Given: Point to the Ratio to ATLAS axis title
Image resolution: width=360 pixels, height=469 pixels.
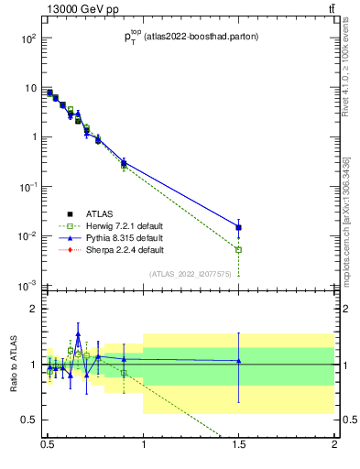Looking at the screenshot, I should pyautogui.click(x=12, y=364).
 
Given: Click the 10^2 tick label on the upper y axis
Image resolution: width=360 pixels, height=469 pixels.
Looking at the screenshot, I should pyautogui.click(x=28, y=38).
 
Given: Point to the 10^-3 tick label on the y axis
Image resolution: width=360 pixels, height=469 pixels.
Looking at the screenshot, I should pyautogui.click(x=28, y=286).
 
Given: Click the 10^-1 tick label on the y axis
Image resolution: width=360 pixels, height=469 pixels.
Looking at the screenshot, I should pyautogui.click(x=28, y=187).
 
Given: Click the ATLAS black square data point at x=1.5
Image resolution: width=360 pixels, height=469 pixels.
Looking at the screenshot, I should pyautogui.click(x=238, y=227).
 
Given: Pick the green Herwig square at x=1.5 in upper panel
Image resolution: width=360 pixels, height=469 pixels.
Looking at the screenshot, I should pyautogui.click(x=238, y=249).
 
